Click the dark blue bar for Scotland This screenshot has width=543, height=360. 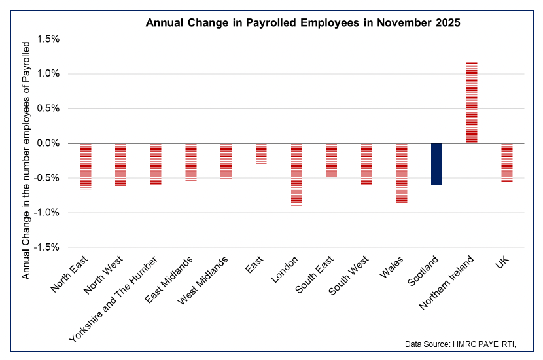[x=436, y=164]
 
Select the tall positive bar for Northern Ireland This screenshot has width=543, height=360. [x=471, y=103]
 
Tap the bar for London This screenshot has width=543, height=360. [x=296, y=174]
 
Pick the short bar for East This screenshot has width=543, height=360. [x=261, y=153]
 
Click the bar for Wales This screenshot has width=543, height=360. [x=401, y=173]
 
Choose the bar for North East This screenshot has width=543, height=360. [x=85, y=167]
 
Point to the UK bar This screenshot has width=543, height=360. [x=506, y=162]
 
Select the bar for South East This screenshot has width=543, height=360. [x=331, y=160]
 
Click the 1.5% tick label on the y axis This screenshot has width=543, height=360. [x=48, y=39]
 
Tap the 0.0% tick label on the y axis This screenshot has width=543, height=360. [x=48, y=143]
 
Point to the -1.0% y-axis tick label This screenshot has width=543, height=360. [x=46, y=213]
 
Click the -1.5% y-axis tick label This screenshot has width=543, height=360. [x=46, y=247]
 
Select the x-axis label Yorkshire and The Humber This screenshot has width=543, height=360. [x=116, y=298]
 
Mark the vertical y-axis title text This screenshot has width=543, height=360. [x=26, y=160]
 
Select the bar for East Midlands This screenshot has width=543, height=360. [x=190, y=162]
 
